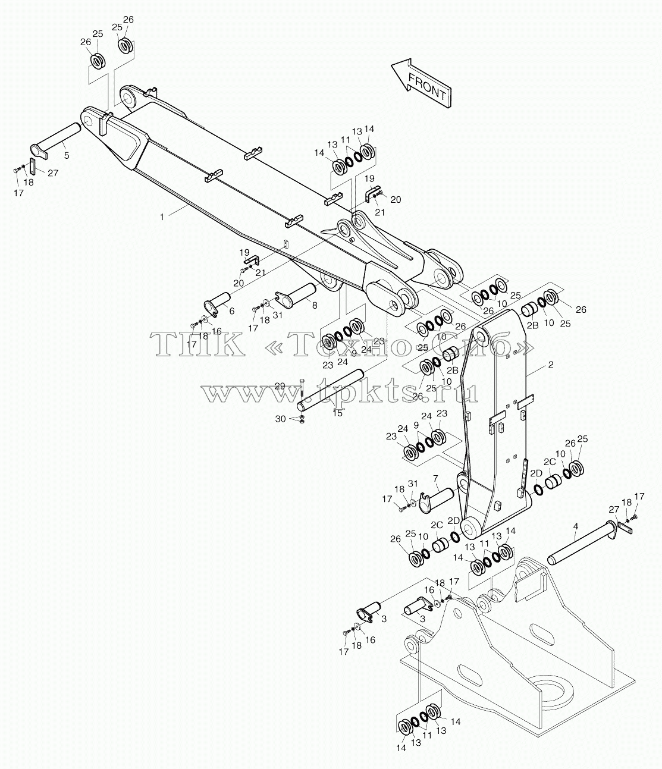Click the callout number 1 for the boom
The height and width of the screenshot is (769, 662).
(x=162, y=217)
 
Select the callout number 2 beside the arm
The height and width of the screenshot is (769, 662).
(x=551, y=365)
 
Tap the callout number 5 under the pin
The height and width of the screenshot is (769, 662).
(x=67, y=155)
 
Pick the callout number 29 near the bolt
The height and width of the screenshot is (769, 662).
(x=280, y=385)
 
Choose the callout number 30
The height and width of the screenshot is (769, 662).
(x=280, y=419)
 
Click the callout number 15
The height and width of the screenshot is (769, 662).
(x=337, y=413)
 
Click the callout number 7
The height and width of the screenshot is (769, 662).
(x=435, y=478)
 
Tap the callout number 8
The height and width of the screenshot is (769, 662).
(x=315, y=306)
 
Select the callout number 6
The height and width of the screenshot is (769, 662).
(x=232, y=311)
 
